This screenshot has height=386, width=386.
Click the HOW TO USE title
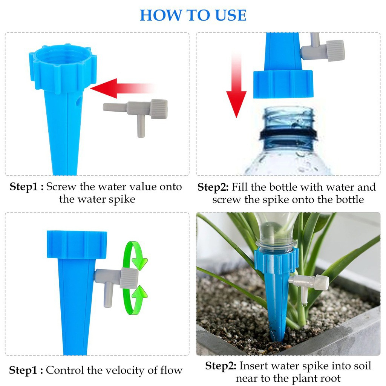pyautogui.click(x=193, y=15)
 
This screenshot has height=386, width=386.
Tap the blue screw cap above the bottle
pyautogui.click(x=283, y=84)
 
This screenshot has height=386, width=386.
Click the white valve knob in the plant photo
pyautogui.click(x=320, y=282)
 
